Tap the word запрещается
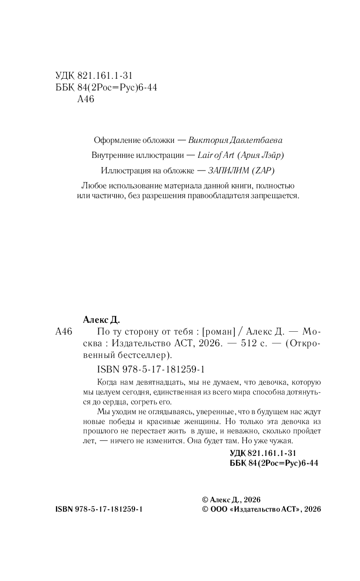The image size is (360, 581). pos(274,196)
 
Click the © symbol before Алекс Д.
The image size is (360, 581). pos(204,499)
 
